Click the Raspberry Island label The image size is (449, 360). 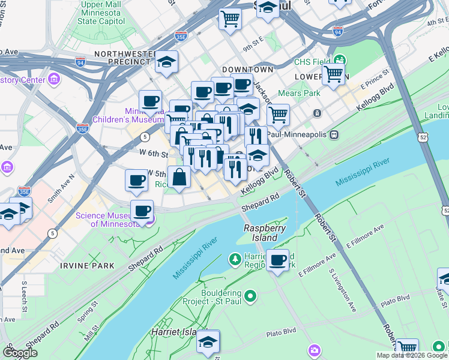pos(264,233)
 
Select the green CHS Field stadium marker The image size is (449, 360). pos(340,61)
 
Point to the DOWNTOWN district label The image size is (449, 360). pos(247,70)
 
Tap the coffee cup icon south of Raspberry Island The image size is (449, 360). pos(277,260)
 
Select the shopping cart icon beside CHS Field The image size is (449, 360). pos(333,75)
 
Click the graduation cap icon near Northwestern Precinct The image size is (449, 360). pos(166,62)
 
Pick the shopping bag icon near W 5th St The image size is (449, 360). pos(179,178)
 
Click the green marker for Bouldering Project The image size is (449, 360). pos(252,296)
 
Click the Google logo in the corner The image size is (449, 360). pos(20,353)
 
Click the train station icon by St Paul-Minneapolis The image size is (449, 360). pos(336,134)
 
